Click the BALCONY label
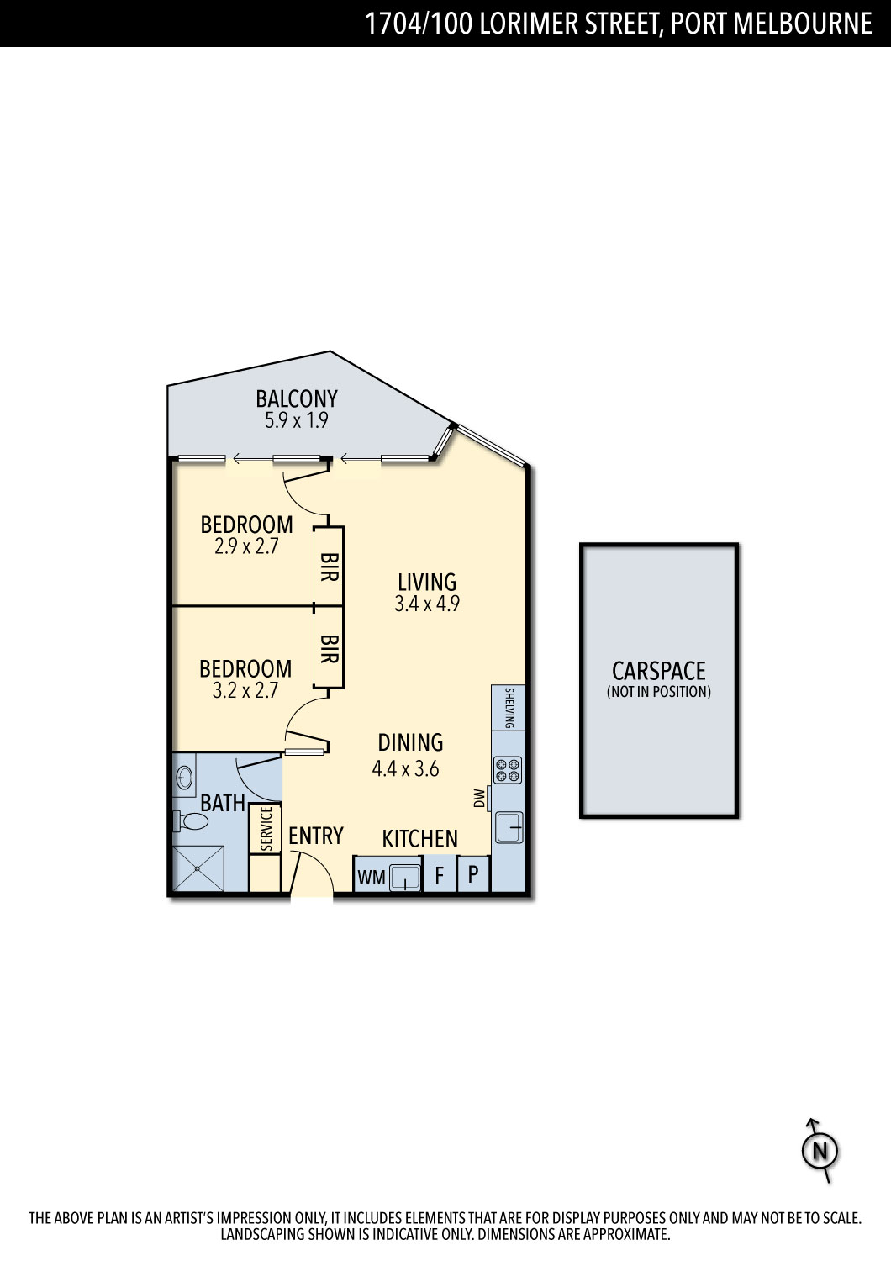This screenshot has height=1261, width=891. (297, 398)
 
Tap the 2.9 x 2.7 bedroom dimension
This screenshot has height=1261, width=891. (246, 546)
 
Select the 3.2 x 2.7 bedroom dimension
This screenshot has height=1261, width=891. (245, 690)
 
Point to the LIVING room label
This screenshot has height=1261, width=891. (427, 582)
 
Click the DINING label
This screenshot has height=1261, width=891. (410, 742)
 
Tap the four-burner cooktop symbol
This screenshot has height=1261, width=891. (508, 769)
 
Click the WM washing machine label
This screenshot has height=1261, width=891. (372, 877)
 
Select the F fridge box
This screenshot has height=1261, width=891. (440, 874)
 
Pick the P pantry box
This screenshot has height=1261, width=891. (473, 874)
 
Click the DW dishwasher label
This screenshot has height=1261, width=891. (480, 799)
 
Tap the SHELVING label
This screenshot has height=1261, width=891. (509, 708)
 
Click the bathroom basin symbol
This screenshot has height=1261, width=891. (184, 778)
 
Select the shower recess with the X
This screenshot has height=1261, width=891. (198, 868)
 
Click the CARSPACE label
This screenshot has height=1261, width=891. (658, 671)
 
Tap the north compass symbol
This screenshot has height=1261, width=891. (820, 1151)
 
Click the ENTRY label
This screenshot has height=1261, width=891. (316, 836)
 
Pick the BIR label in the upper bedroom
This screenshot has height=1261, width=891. (329, 567)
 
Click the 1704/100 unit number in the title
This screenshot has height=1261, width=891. (419, 24)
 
